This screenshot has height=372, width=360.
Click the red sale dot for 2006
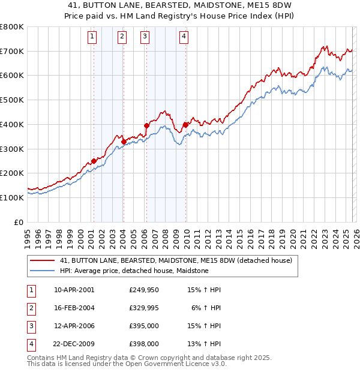click(x=146, y=125)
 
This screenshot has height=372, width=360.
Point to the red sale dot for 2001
click(x=94, y=161)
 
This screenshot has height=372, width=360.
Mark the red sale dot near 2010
click(x=185, y=125)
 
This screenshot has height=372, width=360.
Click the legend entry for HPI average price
click(x=134, y=271)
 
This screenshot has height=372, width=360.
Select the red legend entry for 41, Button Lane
click(x=175, y=260)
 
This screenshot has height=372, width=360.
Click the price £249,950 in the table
click(x=143, y=290)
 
